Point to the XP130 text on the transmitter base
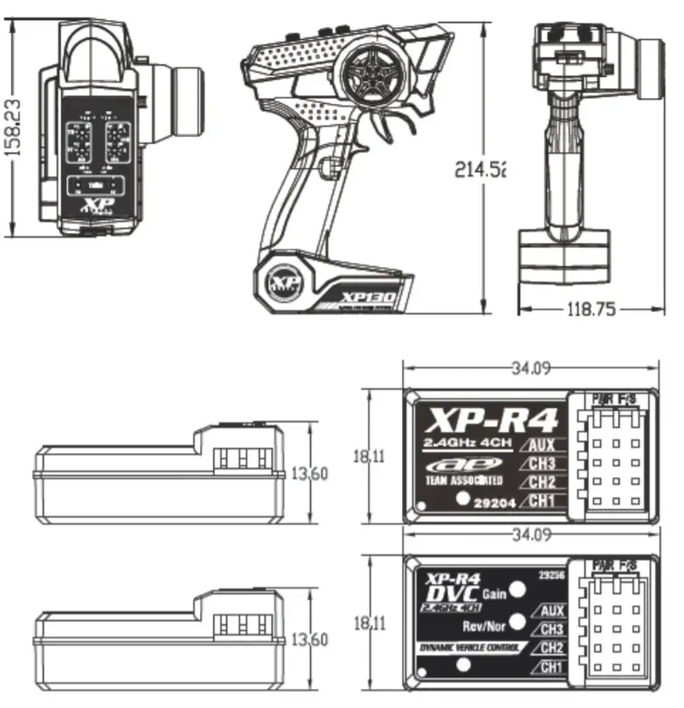[x=369, y=298]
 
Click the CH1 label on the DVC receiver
[x=550, y=668]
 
